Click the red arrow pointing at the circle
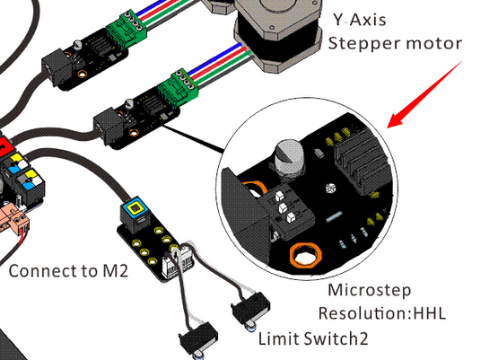click(x=424, y=94)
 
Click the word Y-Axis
click(x=360, y=20)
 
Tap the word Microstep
click(x=370, y=290)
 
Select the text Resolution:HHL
click(x=382, y=313)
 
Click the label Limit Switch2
click(x=313, y=338)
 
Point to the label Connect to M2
click(x=68, y=271)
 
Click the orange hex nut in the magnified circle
click(x=306, y=256)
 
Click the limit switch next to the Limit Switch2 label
click(x=251, y=310)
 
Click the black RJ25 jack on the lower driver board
click(x=109, y=126)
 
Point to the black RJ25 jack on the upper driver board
click(x=57, y=67)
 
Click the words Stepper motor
click(x=395, y=43)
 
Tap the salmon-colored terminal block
click(x=13, y=219)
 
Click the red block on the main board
click(x=4, y=146)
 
